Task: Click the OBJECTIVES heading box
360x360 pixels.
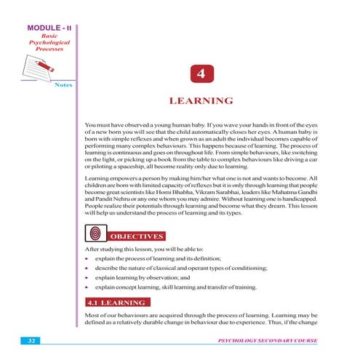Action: [x=138, y=236]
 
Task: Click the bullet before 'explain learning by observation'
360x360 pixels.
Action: [x=87, y=278]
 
